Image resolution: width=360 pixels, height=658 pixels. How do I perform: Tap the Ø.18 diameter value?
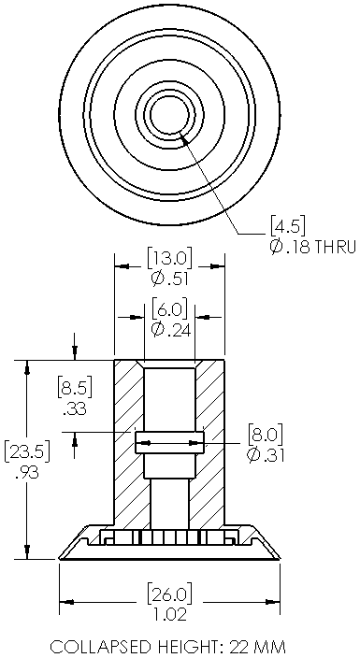point(289,247)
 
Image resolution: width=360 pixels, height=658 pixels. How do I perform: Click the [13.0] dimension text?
point(169,259)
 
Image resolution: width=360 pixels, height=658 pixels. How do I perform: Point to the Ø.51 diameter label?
point(169,279)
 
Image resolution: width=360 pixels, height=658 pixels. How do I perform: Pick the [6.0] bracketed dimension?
point(169,310)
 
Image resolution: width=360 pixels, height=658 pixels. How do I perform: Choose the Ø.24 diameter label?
point(170,330)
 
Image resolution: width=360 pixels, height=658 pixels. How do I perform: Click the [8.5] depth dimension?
point(75,388)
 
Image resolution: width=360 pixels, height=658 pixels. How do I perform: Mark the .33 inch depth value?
point(75,408)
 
